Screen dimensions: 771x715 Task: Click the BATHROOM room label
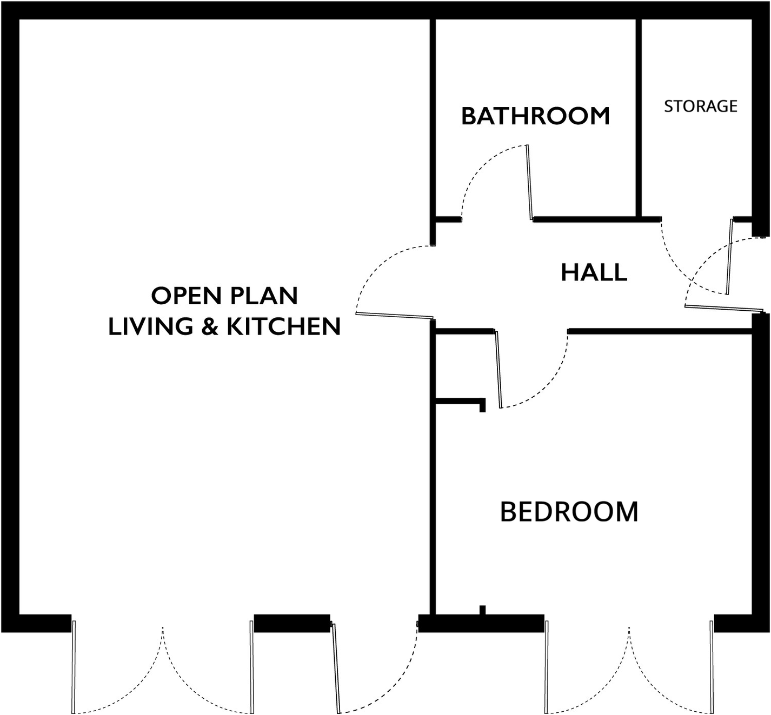pos(535,116)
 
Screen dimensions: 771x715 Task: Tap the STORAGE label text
pos(701,106)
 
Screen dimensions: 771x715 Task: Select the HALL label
pos(594,272)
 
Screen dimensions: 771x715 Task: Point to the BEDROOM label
pos(569,512)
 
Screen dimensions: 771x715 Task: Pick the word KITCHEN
pos(284,326)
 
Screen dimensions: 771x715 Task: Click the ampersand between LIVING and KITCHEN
pos(210,326)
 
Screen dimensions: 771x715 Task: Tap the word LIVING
pos(151,326)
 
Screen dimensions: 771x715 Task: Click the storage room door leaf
pos(729,257)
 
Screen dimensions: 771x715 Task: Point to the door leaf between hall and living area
pos(395,315)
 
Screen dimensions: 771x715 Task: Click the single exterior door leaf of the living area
pos(336,666)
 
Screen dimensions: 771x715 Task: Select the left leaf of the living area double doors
pos(74,666)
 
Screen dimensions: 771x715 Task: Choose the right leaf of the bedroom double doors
pos(712,666)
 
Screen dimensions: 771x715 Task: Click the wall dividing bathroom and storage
pos(638,118)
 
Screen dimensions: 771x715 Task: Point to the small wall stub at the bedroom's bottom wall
pos(483,610)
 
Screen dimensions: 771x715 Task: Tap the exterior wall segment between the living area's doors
pos(292,623)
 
